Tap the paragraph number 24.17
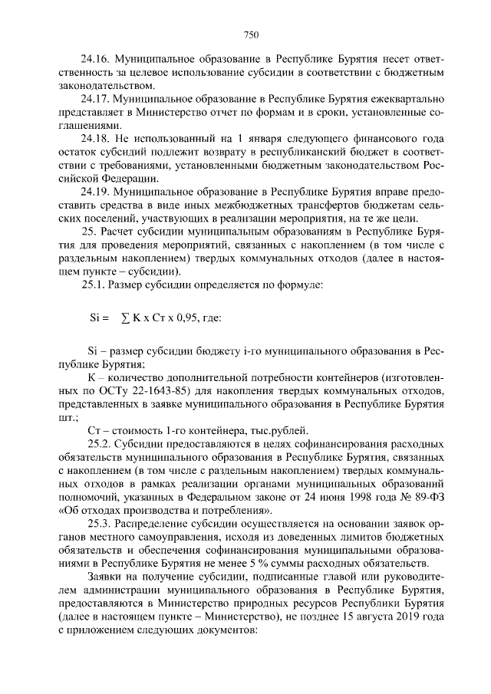point(96,100)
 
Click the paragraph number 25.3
point(99,524)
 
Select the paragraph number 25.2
point(99,443)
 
